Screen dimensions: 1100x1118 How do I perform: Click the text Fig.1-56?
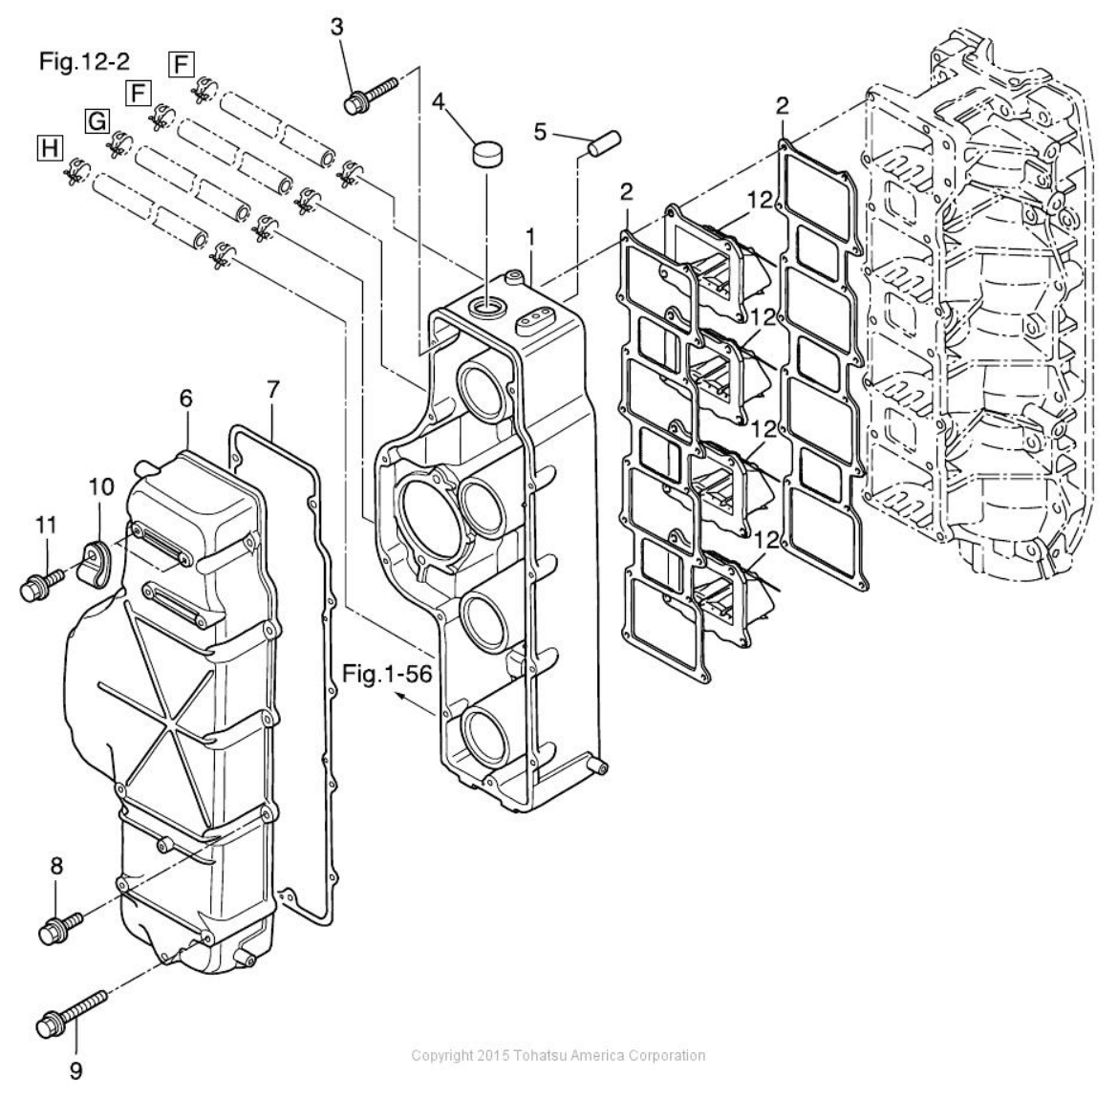[387, 675]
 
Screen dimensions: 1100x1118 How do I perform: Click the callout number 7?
[273, 390]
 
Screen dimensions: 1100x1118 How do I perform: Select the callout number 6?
[185, 397]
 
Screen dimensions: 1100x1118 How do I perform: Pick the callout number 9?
[75, 1070]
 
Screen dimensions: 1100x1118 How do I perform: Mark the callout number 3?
[337, 27]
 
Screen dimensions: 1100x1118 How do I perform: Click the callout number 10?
[101, 487]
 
